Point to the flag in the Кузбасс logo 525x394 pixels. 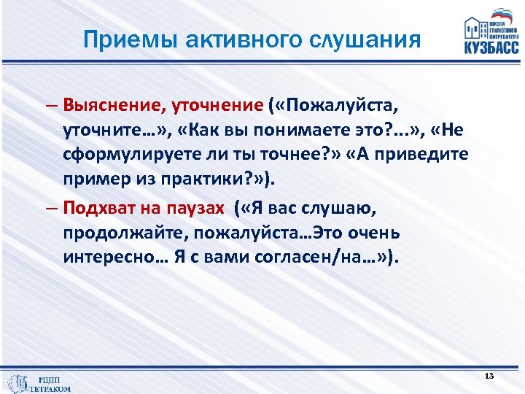503,15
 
